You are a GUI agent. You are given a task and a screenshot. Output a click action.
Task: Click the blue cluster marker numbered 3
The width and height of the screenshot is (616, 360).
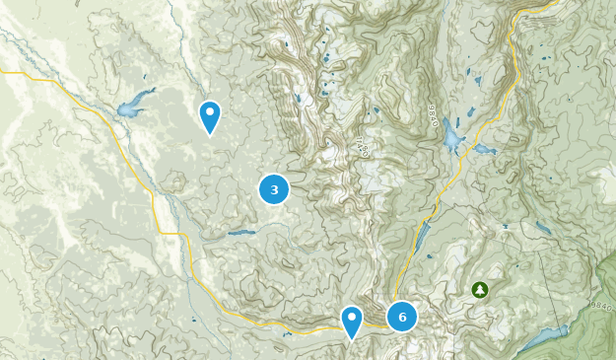tap(274, 189)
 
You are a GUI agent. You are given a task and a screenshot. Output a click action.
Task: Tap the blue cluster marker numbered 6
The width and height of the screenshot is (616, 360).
tap(402, 317)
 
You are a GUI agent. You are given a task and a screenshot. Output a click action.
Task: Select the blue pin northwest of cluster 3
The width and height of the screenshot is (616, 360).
tap(209, 116)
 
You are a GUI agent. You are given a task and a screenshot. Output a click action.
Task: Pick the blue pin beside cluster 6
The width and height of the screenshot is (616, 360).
tap(352, 322)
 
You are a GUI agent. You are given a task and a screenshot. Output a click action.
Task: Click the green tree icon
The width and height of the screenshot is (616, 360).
tap(479, 290)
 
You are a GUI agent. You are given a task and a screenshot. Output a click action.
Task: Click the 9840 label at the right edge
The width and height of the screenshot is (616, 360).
tap(602, 306)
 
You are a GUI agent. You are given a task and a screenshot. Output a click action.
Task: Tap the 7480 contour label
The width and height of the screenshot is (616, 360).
tap(361, 149)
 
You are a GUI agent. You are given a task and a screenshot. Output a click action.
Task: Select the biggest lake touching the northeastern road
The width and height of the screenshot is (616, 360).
tap(451, 136)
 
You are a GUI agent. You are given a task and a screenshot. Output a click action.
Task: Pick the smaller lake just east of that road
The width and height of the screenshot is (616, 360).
tap(485, 150)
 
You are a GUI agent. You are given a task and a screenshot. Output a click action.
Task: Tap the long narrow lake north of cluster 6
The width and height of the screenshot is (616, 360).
tap(422, 237)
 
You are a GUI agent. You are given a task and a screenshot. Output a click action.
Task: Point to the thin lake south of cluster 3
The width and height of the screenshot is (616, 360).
tap(241, 233)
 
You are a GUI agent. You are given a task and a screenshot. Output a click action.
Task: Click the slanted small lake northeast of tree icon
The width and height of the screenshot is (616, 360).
tap(544, 229)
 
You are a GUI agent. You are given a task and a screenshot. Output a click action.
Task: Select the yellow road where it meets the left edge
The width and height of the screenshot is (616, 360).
tap(4, 72)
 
